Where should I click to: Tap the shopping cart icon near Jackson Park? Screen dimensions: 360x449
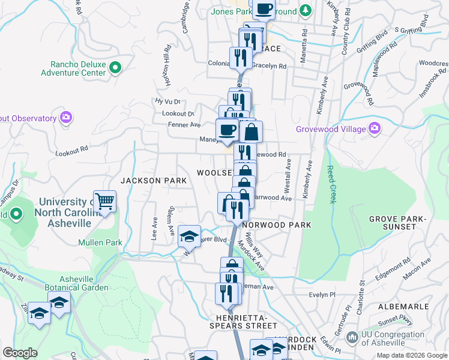pyautogui.click(x=104, y=202)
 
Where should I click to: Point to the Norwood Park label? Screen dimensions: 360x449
pyautogui.click(x=278, y=225)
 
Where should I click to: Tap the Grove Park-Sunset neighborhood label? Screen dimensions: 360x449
pyautogui.click(x=393, y=223)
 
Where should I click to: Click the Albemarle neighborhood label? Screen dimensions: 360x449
pyautogui.click(x=403, y=306)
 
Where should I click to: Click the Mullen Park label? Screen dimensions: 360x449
pyautogui.click(x=100, y=243)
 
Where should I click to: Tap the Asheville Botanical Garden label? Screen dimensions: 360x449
pyautogui.click(x=84, y=283)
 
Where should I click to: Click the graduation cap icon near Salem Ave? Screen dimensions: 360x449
pyautogui.click(x=189, y=236)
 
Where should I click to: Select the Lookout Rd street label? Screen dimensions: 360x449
pyautogui.click(x=71, y=151)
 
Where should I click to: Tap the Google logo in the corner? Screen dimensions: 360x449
pyautogui.click(x=20, y=353)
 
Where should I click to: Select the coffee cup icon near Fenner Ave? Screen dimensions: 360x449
pyautogui.click(x=227, y=130)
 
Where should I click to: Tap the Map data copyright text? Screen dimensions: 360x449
pyautogui.click(x=412, y=355)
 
